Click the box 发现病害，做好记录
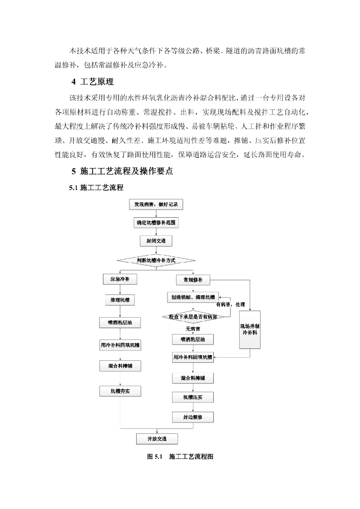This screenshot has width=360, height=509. [x=156, y=205]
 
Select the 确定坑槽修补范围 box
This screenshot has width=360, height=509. [x=156, y=223]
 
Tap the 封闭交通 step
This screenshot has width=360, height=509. [x=156, y=241]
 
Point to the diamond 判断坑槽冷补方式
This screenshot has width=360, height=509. [x=156, y=260]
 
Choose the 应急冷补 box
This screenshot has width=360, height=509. [x=120, y=280]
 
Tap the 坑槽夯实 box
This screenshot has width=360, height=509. [x=120, y=391]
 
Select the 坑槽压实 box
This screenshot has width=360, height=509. [x=192, y=398]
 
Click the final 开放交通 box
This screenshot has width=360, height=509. [x=157, y=439]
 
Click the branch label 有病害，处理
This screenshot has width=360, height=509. [x=230, y=304]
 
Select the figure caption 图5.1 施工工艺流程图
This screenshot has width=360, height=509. [x=180, y=457]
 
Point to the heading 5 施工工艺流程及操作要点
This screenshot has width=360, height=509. [x=122, y=171]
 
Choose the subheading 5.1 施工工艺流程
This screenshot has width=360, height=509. [x=96, y=188]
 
